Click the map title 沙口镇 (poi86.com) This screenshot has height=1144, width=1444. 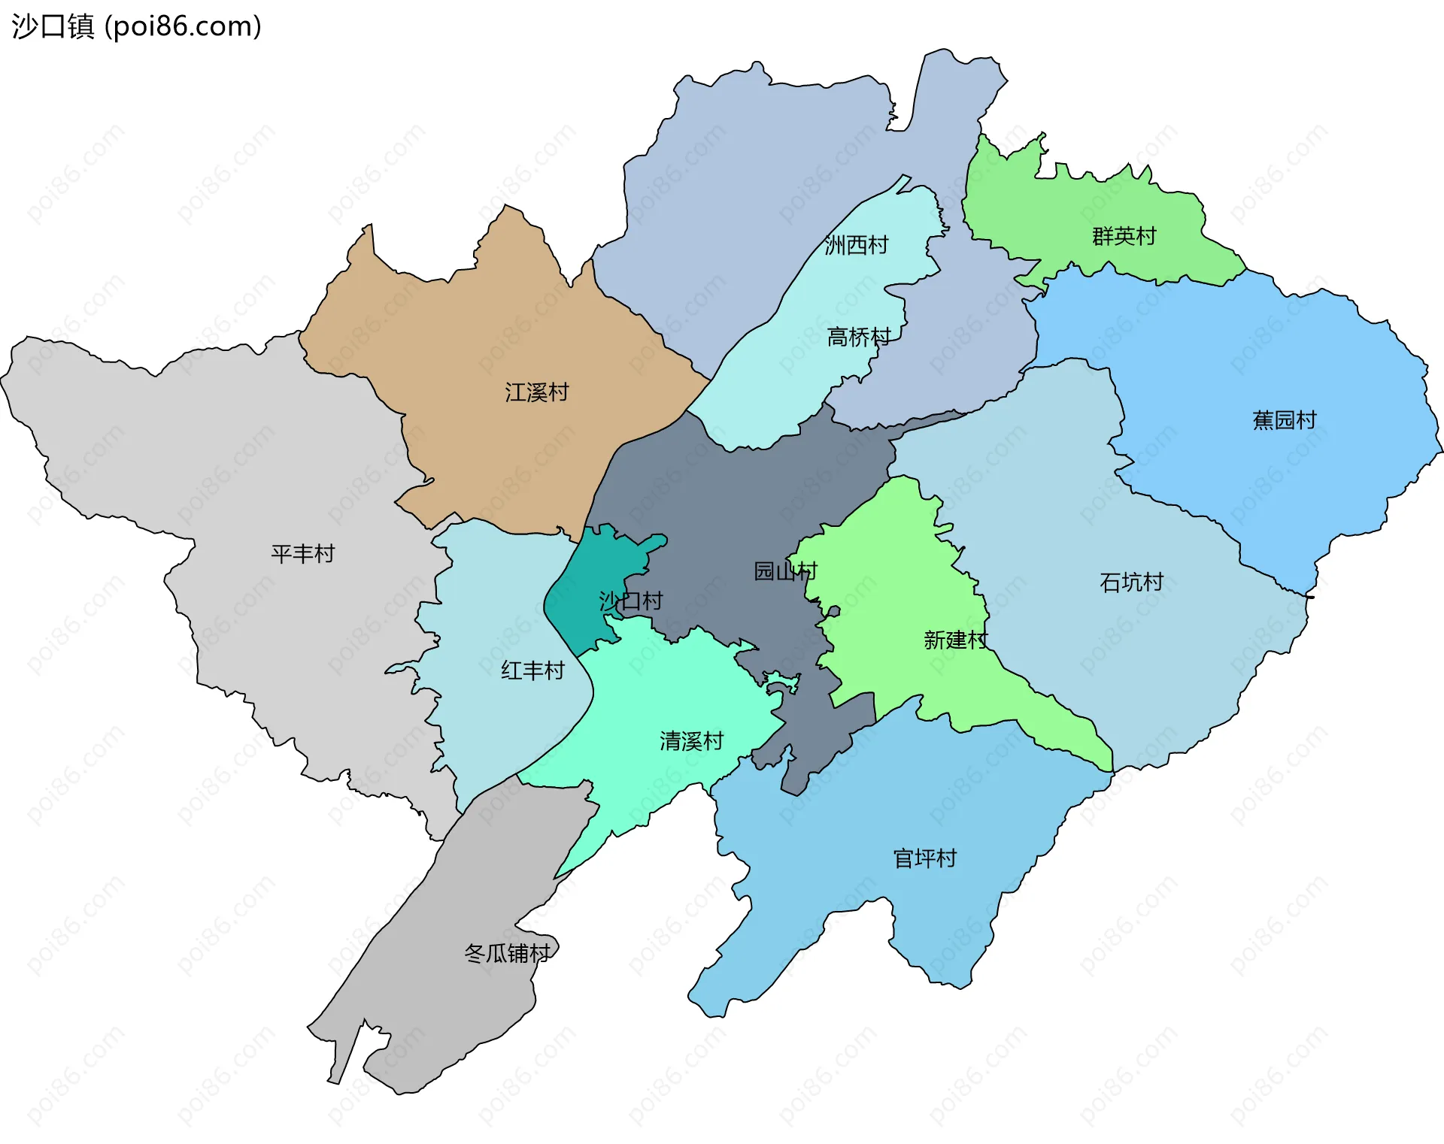pos(136,26)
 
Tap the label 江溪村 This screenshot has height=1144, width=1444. pos(536,392)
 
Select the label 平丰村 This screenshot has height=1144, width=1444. pos(302,554)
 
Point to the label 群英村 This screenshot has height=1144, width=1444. pos(1124,236)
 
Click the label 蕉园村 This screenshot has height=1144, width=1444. pos(1284,420)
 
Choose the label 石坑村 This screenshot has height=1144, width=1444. pos(1131,582)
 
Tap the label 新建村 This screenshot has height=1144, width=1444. pos(955,640)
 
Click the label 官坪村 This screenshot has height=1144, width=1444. pos(924,858)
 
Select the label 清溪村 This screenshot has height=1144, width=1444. pos(691,741)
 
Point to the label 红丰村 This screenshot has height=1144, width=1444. pos(532,670)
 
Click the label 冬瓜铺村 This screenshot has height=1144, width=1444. pos(508,954)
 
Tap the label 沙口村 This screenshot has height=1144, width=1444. pos(630,601)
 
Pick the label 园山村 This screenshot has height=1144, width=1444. pos(784,571)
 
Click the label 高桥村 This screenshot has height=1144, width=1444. pos(858,337)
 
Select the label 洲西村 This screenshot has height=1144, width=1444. pos(856,245)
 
